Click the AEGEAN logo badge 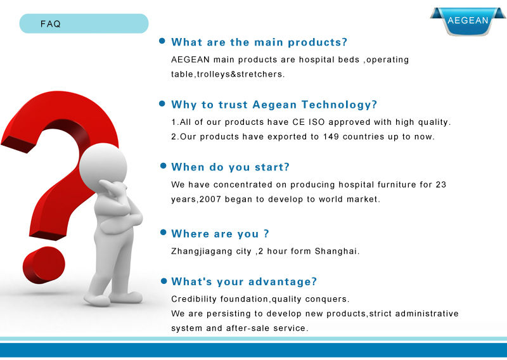tap(468, 21)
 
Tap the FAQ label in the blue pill tap(51, 24)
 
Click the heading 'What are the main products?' tap(259, 42)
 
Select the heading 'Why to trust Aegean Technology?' tap(274, 105)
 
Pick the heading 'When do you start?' tap(230, 167)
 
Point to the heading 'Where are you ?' tap(220, 233)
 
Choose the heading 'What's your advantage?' tap(244, 281)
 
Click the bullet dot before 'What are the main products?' tap(162, 41)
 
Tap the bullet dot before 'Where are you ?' tap(164, 232)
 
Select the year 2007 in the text tap(210, 199)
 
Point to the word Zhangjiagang tap(202, 252)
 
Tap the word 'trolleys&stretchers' tap(240, 74)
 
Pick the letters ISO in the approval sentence tap(316, 122)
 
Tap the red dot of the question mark tap(44, 264)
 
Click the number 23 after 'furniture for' tap(441, 184)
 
